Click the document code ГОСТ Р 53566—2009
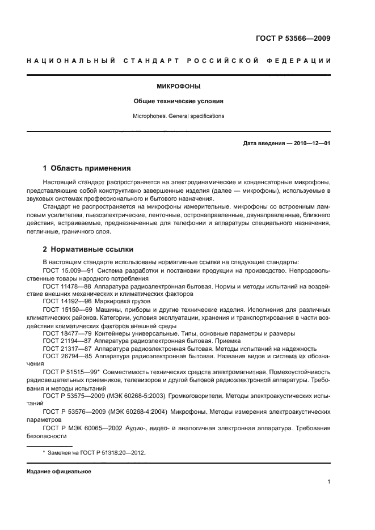(x=292, y=39)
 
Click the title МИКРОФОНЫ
(x=179, y=87)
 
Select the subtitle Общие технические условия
(x=179, y=101)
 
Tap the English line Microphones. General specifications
(x=179, y=116)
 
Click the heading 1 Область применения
(x=87, y=168)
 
